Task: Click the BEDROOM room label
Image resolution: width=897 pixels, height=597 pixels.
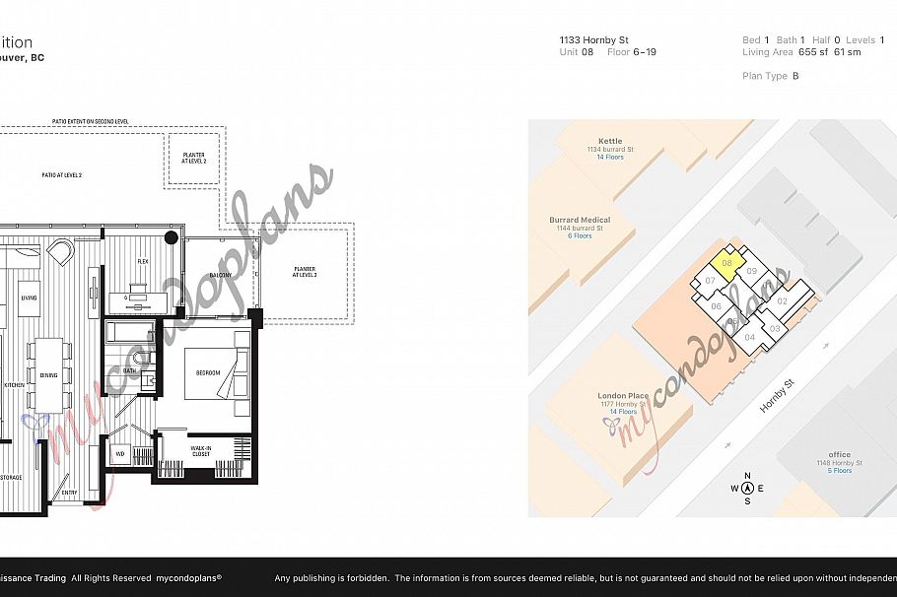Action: click(208, 373)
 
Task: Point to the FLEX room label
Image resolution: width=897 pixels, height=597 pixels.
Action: click(143, 261)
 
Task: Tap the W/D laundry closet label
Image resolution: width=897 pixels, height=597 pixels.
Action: click(120, 454)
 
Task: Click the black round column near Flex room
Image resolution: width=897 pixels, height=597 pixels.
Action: click(172, 236)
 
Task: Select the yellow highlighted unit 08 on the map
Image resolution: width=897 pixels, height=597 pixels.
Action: click(725, 264)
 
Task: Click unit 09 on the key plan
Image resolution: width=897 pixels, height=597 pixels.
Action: click(751, 271)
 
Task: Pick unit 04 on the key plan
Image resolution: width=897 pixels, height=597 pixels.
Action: click(750, 337)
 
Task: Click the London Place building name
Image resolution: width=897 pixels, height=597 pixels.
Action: click(623, 396)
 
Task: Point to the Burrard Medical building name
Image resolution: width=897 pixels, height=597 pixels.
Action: click(580, 220)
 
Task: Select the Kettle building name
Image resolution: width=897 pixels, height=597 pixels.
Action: click(610, 141)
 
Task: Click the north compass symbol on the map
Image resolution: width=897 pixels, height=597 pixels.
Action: click(747, 487)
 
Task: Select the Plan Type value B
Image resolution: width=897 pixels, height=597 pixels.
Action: click(795, 76)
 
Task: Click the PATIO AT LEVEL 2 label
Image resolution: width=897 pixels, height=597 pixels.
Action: click(61, 174)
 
